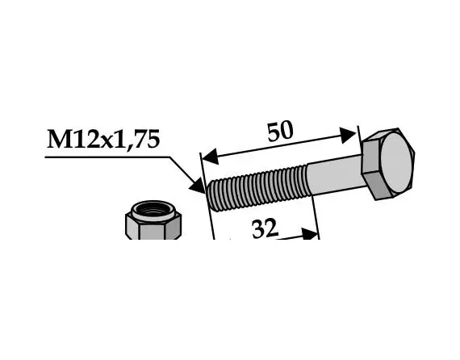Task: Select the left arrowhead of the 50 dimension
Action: [x=207, y=153]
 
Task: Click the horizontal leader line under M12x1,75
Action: [x=105, y=157]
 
